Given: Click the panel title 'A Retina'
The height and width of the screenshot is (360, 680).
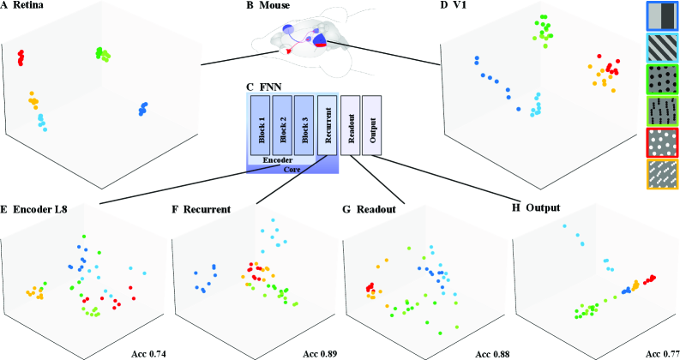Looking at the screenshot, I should [x=25, y=7].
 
